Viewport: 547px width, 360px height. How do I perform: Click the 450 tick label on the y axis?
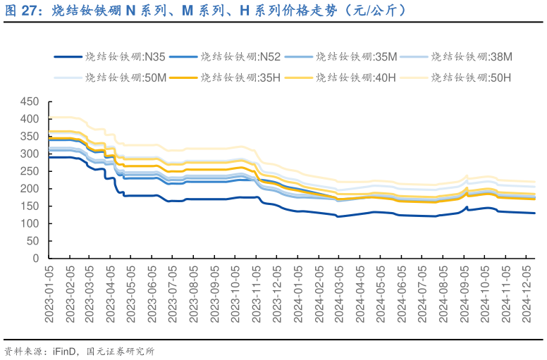(x=30, y=101)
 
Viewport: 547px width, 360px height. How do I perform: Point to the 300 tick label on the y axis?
(x=30, y=154)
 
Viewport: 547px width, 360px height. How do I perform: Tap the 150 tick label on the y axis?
(x=30, y=206)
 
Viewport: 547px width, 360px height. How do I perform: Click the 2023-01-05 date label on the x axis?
(x=49, y=294)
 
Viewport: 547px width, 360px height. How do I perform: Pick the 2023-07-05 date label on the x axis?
(x=174, y=294)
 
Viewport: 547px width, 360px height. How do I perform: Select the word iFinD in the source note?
(x=65, y=350)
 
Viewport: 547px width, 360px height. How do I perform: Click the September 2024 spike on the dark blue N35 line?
(x=467, y=207)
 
